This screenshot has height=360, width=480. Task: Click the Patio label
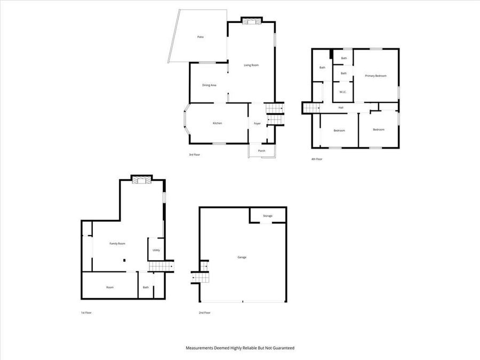(x=201, y=37)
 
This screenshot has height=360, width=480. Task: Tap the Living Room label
(x=251, y=65)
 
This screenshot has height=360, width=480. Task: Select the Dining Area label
(x=209, y=85)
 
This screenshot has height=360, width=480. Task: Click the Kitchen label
(x=217, y=123)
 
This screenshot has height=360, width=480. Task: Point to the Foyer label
(x=257, y=123)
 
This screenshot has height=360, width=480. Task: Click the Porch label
(x=261, y=151)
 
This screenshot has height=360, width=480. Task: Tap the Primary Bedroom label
(x=375, y=76)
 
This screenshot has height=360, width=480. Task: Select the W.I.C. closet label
(x=343, y=92)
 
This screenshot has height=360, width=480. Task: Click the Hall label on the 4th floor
(x=340, y=108)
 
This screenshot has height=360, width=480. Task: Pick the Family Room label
(x=117, y=244)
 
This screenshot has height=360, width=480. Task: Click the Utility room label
(x=156, y=250)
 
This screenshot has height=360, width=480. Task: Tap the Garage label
(x=242, y=257)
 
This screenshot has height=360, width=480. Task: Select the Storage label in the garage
(x=268, y=215)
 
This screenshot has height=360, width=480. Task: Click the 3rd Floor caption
(x=194, y=155)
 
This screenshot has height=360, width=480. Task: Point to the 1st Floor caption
(x=86, y=313)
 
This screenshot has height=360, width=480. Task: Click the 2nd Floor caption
(x=204, y=313)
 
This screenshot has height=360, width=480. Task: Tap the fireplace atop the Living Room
(x=252, y=21)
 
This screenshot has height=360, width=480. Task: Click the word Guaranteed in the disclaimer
(x=282, y=348)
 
